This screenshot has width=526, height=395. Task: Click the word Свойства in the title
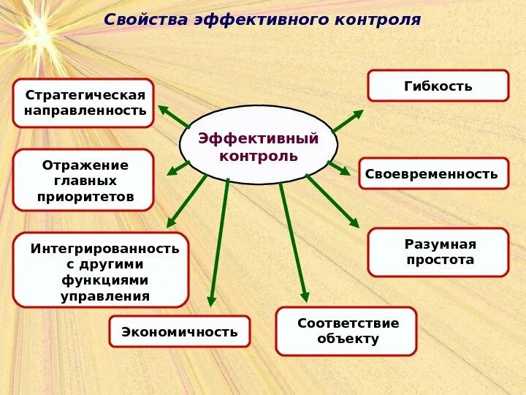pyautogui.click(x=146, y=20)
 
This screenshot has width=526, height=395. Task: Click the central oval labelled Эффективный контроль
pyautogui.click(x=259, y=145)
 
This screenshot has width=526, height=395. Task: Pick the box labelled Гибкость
pyautogui.click(x=438, y=86)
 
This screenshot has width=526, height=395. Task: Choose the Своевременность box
pyautogui.click(x=432, y=173)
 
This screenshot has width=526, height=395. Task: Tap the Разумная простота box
pyautogui.click(x=438, y=252)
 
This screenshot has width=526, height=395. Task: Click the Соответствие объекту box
pyautogui.click(x=346, y=331)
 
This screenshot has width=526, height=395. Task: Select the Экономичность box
pyautogui.click(x=179, y=331)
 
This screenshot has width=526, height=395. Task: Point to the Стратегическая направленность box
pyautogui.click(x=84, y=103)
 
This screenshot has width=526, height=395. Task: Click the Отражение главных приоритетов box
pyautogui.click(x=84, y=180)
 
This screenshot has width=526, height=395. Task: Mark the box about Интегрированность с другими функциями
pyautogui.click(x=102, y=269)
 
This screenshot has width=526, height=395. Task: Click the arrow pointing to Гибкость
pyautogui.click(x=348, y=121)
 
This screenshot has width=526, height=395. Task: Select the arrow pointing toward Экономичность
pyautogui.click(x=218, y=241)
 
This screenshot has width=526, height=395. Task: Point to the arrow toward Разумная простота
pyautogui.click(x=332, y=200)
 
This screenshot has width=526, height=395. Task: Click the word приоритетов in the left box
pyautogui.click(x=85, y=197)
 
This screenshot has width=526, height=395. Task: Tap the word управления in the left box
pyautogui.click(x=104, y=296)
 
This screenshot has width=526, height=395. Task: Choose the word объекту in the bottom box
pyautogui.click(x=348, y=339)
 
